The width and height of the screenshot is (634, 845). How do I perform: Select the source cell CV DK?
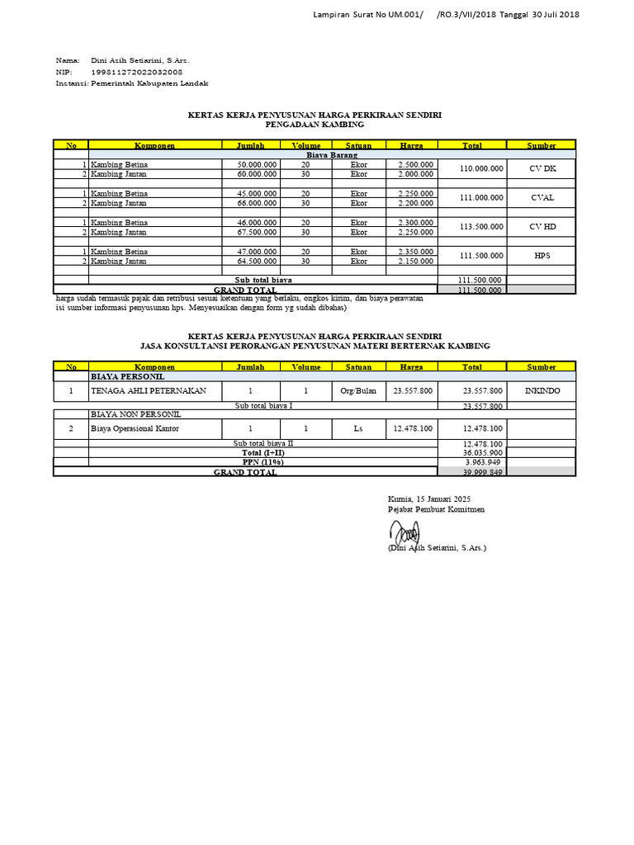pos(542,169)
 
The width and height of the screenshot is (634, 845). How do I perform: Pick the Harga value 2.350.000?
pos(415,252)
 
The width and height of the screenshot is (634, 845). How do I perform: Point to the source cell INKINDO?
pos(542,390)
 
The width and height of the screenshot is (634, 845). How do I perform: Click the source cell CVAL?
pos(542,198)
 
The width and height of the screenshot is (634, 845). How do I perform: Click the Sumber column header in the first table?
pos(542,145)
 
